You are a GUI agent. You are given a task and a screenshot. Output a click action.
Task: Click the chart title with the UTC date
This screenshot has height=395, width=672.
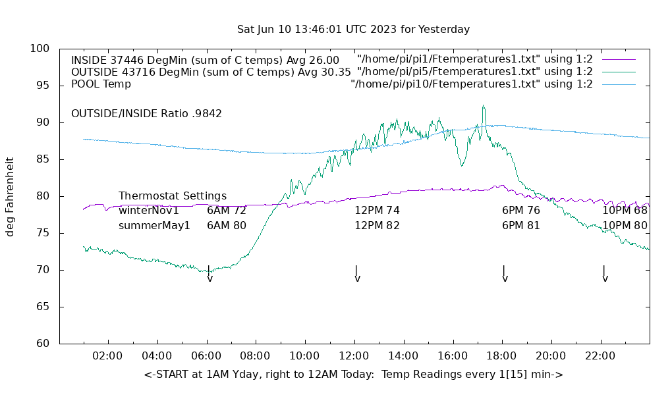[x=353, y=30]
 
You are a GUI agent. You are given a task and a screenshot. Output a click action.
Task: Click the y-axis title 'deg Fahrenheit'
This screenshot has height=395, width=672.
[x=11, y=196]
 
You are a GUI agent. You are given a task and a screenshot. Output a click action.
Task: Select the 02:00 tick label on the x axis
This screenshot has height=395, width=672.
[x=107, y=356]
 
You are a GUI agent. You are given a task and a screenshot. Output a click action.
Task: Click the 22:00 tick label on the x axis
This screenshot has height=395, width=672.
[x=600, y=356]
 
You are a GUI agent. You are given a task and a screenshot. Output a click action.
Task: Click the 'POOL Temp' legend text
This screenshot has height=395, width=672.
[x=101, y=84]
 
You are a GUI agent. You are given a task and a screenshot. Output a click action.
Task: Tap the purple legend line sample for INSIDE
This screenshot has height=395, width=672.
[x=619, y=59]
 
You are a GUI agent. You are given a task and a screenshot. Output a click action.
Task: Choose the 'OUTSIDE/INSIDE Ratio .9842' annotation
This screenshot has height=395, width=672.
[x=146, y=113]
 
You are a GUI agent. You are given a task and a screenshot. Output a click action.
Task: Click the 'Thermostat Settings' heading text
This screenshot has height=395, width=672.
[x=173, y=196]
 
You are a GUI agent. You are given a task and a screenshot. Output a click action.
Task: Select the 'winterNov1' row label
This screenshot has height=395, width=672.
[x=149, y=211]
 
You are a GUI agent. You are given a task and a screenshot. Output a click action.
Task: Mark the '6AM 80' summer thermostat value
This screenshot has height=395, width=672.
[x=227, y=225]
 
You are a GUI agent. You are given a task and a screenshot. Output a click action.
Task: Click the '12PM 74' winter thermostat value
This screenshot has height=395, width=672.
[x=377, y=211]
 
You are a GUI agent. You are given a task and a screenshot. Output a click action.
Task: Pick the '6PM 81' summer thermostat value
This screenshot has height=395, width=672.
[x=520, y=225]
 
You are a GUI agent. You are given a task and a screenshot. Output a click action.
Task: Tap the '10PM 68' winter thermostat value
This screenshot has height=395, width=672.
[x=625, y=211]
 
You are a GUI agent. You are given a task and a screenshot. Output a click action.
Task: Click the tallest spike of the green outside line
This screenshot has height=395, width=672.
[x=483, y=106]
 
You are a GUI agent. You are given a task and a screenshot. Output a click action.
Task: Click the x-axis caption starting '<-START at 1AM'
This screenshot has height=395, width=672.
[x=353, y=375]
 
